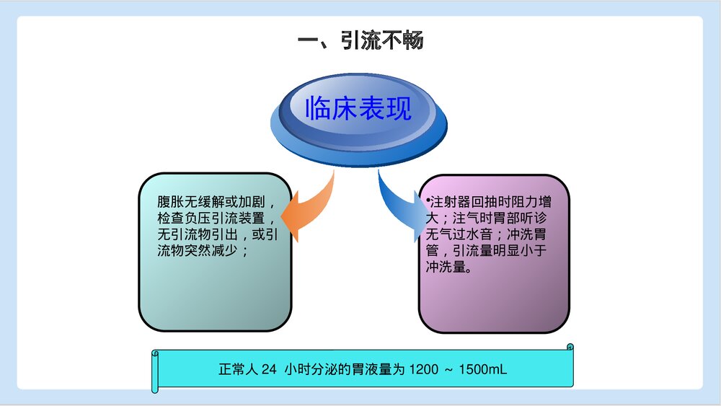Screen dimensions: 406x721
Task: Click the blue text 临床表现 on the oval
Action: pyautogui.click(x=358, y=108)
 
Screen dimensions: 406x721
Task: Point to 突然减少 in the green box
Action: pyautogui.click(x=220, y=251)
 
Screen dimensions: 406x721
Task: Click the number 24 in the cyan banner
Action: pyautogui.click(x=269, y=370)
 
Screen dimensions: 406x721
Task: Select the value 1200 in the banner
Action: pyautogui.click(x=423, y=370)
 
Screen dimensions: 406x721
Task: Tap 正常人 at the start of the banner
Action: pyautogui.click(x=238, y=370)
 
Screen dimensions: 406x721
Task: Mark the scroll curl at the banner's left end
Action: pyautogui.click(x=155, y=372)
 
